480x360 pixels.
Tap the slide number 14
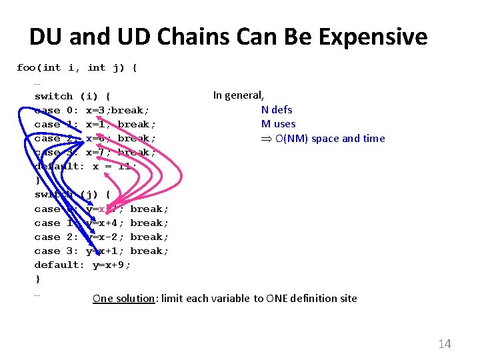[x=445, y=344]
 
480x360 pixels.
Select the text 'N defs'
[x=277, y=110]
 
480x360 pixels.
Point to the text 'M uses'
[x=278, y=124]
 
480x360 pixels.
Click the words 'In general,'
[x=239, y=95]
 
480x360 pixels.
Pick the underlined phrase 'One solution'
[x=123, y=299]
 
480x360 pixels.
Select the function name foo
[x=27, y=67]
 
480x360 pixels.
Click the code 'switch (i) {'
[x=73, y=96]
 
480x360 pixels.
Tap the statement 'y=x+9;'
[x=111, y=265]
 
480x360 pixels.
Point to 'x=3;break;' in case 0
[x=117, y=110]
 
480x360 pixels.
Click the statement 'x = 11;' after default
[x=114, y=166]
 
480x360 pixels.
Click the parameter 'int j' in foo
[x=105, y=67]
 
